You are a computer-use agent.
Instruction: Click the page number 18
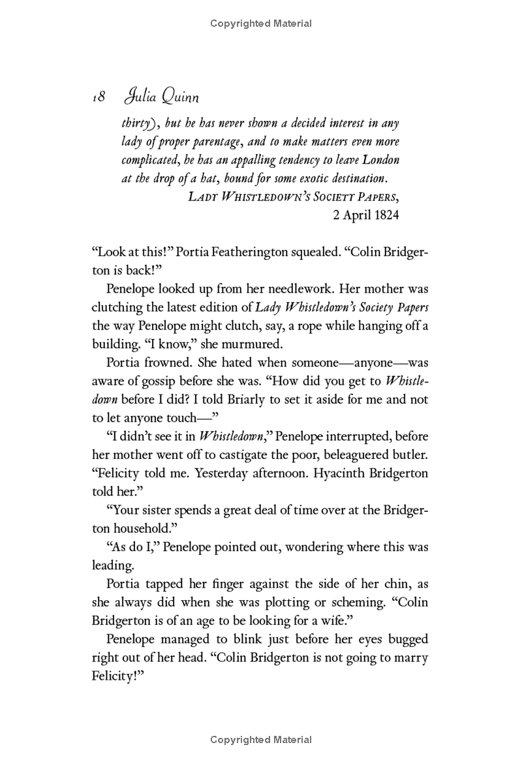coord(99,97)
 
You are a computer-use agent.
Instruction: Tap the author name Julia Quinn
coord(160,97)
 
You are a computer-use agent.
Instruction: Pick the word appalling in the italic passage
coord(245,160)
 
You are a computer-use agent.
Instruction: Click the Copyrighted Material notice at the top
coord(261,24)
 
